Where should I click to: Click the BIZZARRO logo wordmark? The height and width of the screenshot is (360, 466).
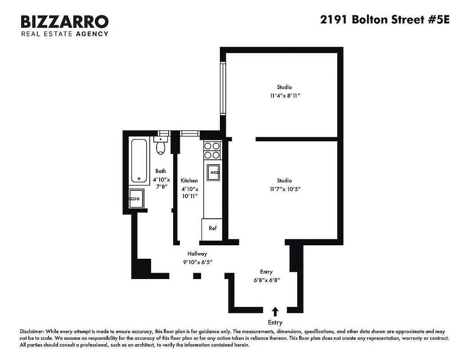(x=65, y=22)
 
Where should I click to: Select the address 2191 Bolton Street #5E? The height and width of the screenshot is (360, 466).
(x=385, y=20)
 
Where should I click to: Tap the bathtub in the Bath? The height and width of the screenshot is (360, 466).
(x=139, y=161)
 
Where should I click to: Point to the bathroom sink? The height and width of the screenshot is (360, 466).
(x=136, y=198)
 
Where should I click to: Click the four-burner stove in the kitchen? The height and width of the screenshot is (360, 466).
(x=212, y=150)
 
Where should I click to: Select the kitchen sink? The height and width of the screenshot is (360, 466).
(x=213, y=171)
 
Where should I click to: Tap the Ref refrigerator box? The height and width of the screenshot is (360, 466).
(x=213, y=228)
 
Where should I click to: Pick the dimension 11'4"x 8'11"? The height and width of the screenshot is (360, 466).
(x=284, y=95)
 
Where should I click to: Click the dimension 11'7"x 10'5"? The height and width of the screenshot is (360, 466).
(x=284, y=189)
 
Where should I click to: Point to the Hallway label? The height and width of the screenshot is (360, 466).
(x=197, y=254)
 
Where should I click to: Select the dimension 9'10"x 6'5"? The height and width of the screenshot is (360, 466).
(x=197, y=262)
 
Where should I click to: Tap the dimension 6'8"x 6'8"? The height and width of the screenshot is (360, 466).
(x=266, y=280)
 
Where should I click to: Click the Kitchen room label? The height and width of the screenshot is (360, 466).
(x=189, y=180)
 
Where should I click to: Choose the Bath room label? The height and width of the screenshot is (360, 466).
(x=161, y=171)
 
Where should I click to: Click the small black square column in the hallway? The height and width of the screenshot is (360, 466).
(x=197, y=276)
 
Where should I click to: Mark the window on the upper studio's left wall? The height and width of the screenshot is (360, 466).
(x=222, y=88)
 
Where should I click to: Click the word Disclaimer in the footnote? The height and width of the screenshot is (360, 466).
(x=32, y=331)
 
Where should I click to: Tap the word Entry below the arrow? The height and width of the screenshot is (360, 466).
(x=275, y=322)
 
